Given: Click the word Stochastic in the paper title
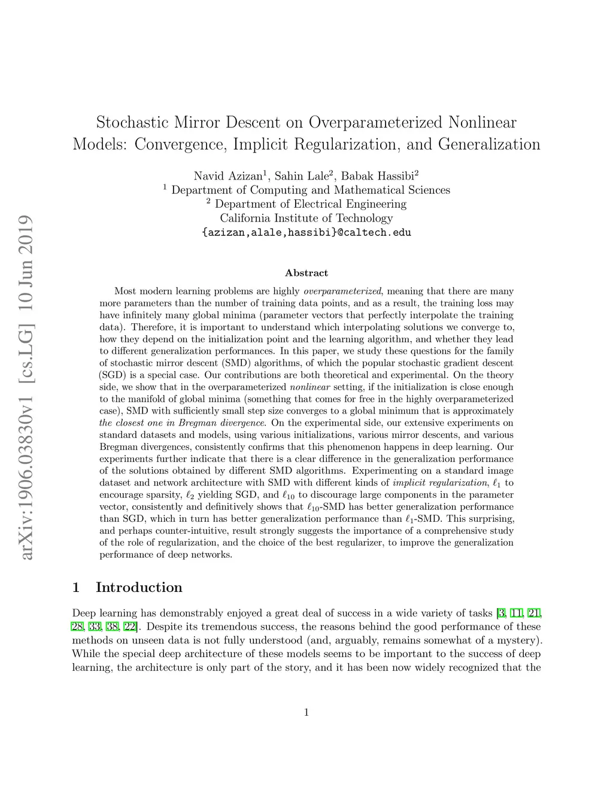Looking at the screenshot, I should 132,123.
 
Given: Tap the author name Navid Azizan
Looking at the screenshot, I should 228,176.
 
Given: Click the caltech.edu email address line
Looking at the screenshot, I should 306,232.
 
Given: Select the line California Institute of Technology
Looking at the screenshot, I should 306,218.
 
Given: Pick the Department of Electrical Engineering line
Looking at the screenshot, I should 306,204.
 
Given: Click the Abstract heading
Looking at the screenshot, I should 306,273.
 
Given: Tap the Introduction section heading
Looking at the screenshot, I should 139,587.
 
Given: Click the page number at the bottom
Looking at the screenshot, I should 306,712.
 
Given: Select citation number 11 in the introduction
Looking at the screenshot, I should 516,613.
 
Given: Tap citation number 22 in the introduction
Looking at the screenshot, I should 129,627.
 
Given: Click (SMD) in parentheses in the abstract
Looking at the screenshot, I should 235,363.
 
